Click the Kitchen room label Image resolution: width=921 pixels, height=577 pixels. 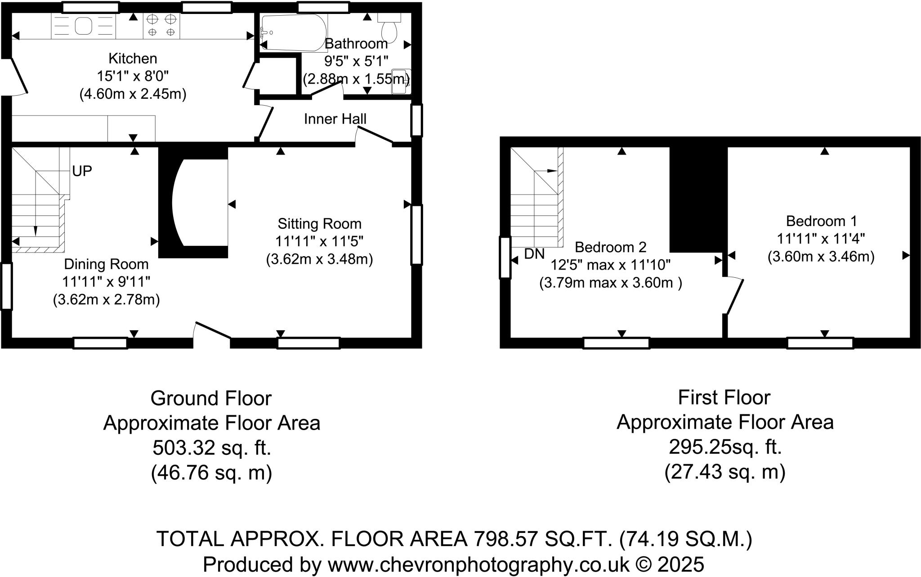click(x=133, y=58)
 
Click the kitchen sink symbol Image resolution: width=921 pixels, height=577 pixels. click(x=83, y=26)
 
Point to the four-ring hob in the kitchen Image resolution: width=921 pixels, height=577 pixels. click(x=161, y=26)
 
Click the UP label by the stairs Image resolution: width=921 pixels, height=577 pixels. click(x=82, y=171)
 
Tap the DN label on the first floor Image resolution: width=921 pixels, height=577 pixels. click(x=534, y=254)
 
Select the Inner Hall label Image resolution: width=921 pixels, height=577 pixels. click(x=335, y=119)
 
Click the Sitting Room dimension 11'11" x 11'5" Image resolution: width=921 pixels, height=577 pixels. click(x=319, y=241)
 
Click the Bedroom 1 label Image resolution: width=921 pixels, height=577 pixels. click(x=821, y=221)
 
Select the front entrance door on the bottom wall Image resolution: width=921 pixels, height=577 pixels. click(x=212, y=331)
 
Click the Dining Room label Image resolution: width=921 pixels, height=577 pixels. click(x=106, y=264)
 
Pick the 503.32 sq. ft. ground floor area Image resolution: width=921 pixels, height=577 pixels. click(x=211, y=448)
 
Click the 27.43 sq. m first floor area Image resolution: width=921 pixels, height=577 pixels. click(x=724, y=472)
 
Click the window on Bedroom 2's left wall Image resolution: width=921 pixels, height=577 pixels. click(x=505, y=257)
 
